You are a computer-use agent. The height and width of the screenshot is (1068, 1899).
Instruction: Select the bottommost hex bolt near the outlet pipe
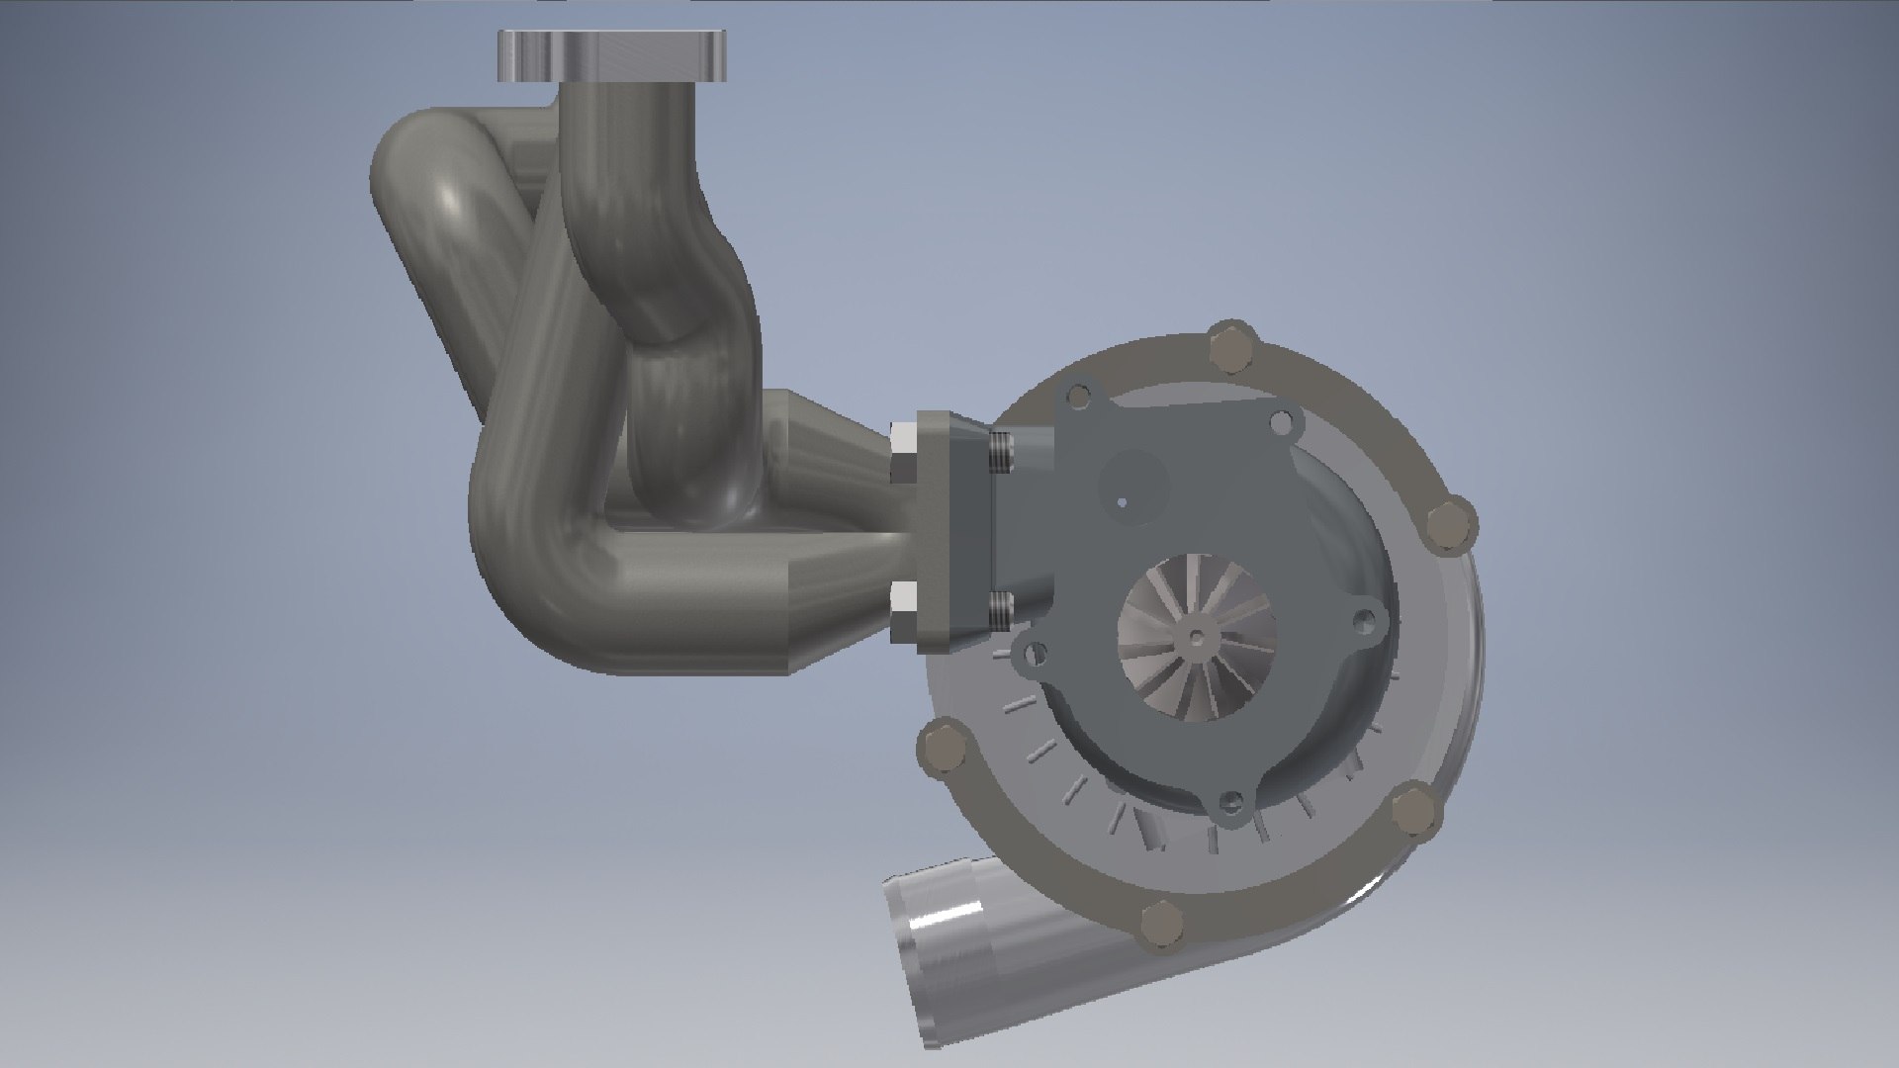click(1161, 926)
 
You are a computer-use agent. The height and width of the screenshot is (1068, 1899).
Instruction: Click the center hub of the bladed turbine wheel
click(1198, 638)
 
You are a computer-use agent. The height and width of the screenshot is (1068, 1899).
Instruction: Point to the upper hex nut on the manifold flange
click(903, 451)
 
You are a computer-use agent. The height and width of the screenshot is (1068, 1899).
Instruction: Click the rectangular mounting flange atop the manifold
click(613, 56)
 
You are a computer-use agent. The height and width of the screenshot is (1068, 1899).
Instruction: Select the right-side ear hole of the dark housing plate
click(1366, 621)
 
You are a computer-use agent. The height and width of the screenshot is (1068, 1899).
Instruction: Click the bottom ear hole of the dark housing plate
click(1231, 800)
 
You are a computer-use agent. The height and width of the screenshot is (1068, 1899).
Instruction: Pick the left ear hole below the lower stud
click(1036, 653)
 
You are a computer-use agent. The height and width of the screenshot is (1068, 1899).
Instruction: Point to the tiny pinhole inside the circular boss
click(1123, 502)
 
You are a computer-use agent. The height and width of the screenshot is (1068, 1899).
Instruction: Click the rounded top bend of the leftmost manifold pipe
click(425, 158)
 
